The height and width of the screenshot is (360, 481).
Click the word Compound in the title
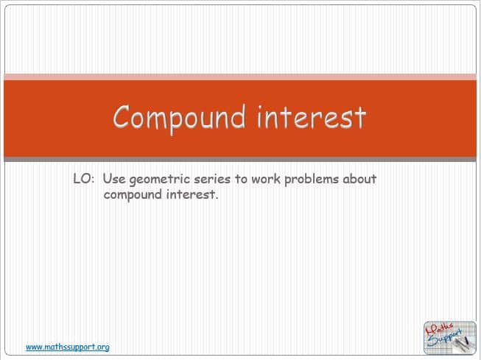click(x=180, y=118)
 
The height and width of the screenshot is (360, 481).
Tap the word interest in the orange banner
click(x=312, y=117)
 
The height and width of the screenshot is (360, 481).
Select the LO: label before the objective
click(x=82, y=179)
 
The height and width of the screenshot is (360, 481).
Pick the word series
click(x=212, y=179)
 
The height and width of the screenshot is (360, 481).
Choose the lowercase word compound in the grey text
click(x=133, y=195)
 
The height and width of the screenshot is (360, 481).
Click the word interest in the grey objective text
click(x=190, y=194)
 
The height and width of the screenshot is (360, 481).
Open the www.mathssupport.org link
click(x=68, y=347)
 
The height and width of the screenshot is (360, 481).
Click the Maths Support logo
click(x=450, y=338)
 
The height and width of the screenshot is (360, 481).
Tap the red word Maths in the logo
click(x=439, y=331)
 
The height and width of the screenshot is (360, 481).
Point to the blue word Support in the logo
click(x=445, y=339)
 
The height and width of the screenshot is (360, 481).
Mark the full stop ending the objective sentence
click(x=217, y=198)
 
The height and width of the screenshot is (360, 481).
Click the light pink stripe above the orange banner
click(x=240, y=77)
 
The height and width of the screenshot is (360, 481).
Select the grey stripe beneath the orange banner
click(x=240, y=159)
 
